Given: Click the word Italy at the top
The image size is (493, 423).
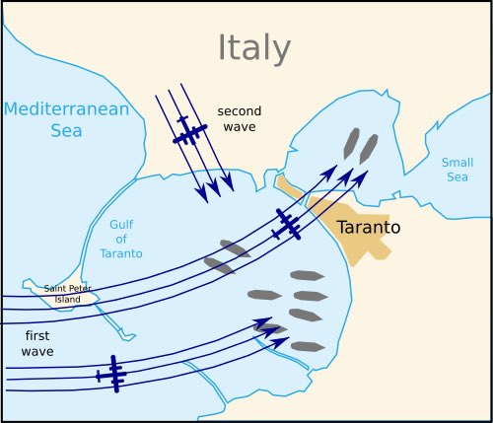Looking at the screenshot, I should coord(254,47).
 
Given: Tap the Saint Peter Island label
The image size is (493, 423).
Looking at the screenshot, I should coord(68,294).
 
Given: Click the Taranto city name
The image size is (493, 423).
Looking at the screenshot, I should coord(368,227).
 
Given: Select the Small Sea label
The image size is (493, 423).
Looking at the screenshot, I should coord(457,170).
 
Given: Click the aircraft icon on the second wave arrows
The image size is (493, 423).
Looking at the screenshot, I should coord(187,131).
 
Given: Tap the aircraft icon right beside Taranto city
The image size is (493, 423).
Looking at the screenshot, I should coord(287,224).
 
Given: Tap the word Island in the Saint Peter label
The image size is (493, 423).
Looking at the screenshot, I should coord(68,299).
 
